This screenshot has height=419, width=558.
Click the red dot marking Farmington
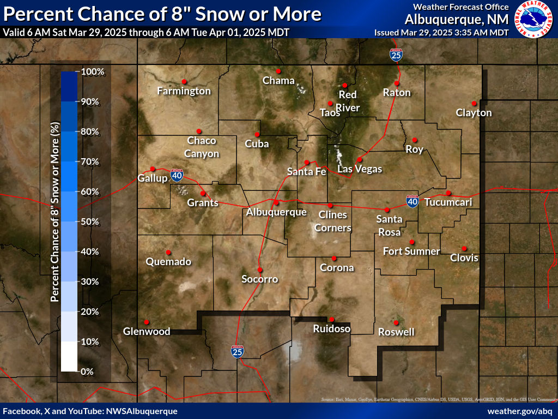click(184, 81)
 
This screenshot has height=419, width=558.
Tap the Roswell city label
click(396, 332)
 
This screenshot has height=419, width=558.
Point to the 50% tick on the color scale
click(90, 222)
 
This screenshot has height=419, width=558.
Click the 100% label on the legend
click(93, 71)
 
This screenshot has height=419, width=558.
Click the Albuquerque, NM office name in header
click(457, 19)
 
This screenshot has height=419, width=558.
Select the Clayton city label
click(474, 113)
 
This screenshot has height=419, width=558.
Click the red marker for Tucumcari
click(448, 193)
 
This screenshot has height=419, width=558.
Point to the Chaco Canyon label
click(202, 147)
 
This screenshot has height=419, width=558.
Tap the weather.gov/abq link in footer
click(520, 411)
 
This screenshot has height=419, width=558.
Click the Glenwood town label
click(147, 331)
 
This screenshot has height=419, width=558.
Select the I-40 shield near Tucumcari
click(413, 201)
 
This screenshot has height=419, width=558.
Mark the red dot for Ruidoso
click(331, 320)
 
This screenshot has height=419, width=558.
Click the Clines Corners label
click(332, 221)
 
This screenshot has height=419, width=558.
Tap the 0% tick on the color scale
click(88, 372)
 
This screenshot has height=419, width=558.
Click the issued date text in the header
click(441, 33)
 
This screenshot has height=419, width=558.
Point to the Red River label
click(348, 102)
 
